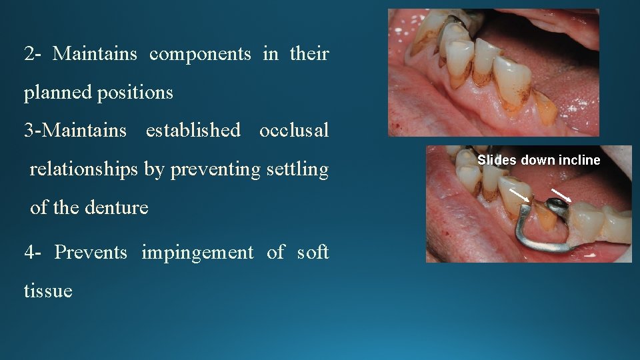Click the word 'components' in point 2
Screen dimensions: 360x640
click(x=200, y=54)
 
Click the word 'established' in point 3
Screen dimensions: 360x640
click(x=193, y=130)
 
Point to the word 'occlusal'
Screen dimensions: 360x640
click(x=294, y=130)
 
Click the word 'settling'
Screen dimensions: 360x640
click(x=298, y=169)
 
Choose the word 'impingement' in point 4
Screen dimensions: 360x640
click(x=197, y=252)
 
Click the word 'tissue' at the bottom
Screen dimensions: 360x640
click(x=48, y=291)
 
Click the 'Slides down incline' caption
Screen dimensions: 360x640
click(x=539, y=160)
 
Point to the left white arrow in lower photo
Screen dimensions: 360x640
click(x=520, y=194)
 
